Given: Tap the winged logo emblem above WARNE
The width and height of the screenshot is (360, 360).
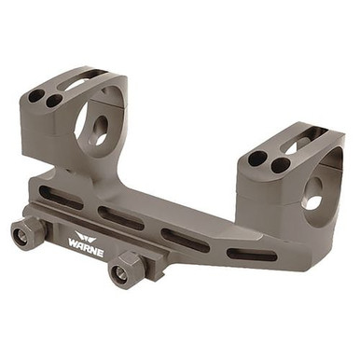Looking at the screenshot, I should point(86,233).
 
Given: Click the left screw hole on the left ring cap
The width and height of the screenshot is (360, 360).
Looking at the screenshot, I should point(36,95).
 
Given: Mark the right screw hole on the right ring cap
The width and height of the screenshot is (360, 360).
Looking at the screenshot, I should point(280,165).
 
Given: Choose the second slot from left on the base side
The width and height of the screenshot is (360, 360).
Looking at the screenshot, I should point(121,217).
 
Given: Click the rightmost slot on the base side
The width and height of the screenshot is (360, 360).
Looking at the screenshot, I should point(252,255).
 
